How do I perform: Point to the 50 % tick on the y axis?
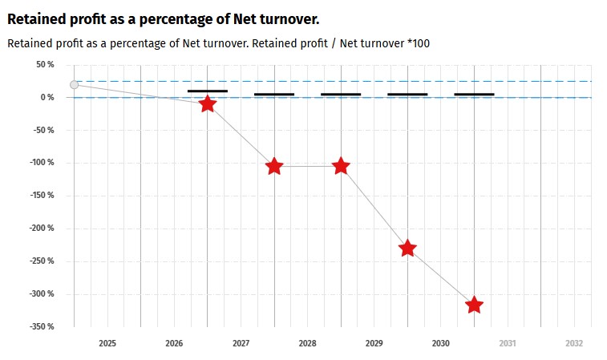tap(44, 65)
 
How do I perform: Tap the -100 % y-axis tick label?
tap(41, 163)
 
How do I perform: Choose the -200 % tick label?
tap(41, 229)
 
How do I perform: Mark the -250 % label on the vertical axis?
tap(41, 261)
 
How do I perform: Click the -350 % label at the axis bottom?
tap(41, 326)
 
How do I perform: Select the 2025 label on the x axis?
tap(107, 343)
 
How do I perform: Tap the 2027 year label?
tap(241, 343)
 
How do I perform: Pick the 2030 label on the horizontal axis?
tap(440, 343)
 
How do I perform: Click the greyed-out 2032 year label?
tap(573, 343)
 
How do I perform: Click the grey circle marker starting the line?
tap(75, 84)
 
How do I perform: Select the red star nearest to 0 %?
tap(208, 103)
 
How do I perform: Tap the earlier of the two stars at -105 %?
tap(274, 166)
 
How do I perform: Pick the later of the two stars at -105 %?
tap(341, 166)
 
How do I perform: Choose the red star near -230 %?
tap(407, 248)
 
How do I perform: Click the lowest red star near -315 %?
tap(474, 305)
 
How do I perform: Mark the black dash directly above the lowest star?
tap(474, 95)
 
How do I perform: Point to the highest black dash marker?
tap(208, 91)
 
